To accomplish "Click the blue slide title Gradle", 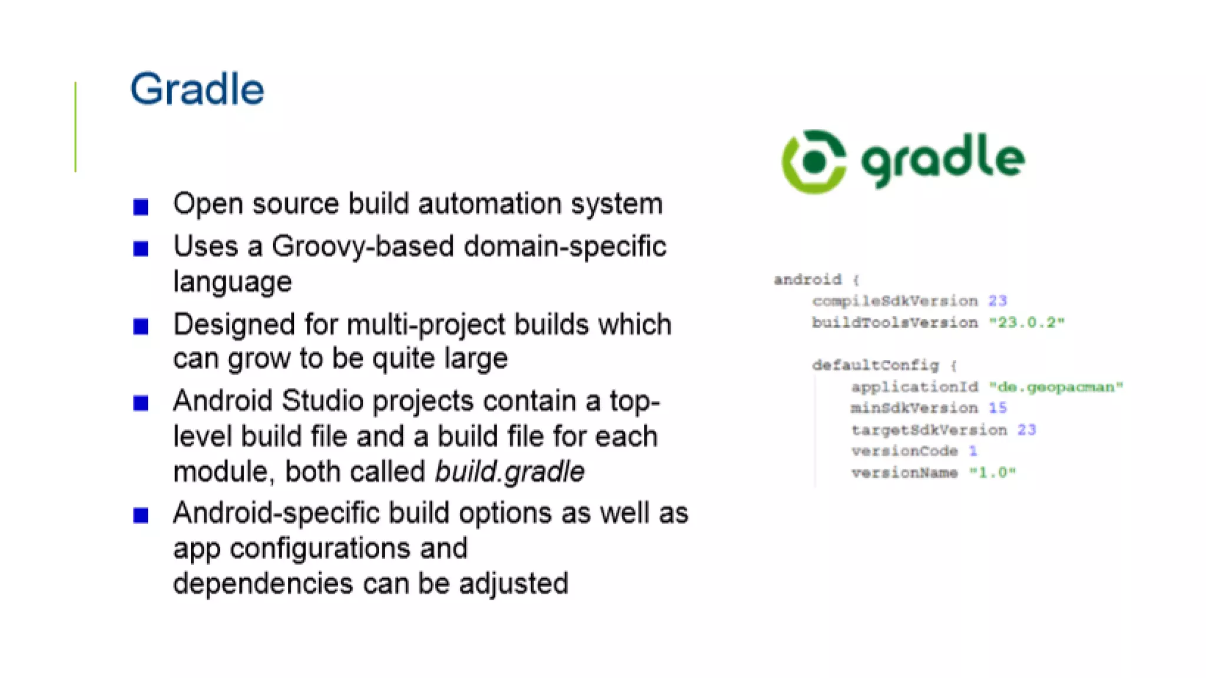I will point(197,89).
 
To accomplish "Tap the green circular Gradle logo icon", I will point(814,162).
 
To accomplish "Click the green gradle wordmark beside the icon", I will point(943,160).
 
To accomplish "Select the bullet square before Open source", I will point(141,207).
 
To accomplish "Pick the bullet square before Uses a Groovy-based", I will point(141,249).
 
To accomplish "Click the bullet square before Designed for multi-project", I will point(141,326).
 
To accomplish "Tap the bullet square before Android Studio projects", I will point(141,403).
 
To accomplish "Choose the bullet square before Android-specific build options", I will point(141,516).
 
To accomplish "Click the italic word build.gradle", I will point(509,472).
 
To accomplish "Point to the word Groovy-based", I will point(363,247).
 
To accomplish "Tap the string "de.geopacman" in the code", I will point(1056,387).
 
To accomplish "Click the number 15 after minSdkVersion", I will point(998,408).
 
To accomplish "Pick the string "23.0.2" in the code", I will point(1026,323).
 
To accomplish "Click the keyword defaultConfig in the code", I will point(875,365).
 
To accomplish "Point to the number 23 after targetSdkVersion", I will point(1026,430).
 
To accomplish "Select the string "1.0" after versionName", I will point(992,473).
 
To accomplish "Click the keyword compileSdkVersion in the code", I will point(894,301).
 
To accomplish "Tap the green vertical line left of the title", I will point(75,127).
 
